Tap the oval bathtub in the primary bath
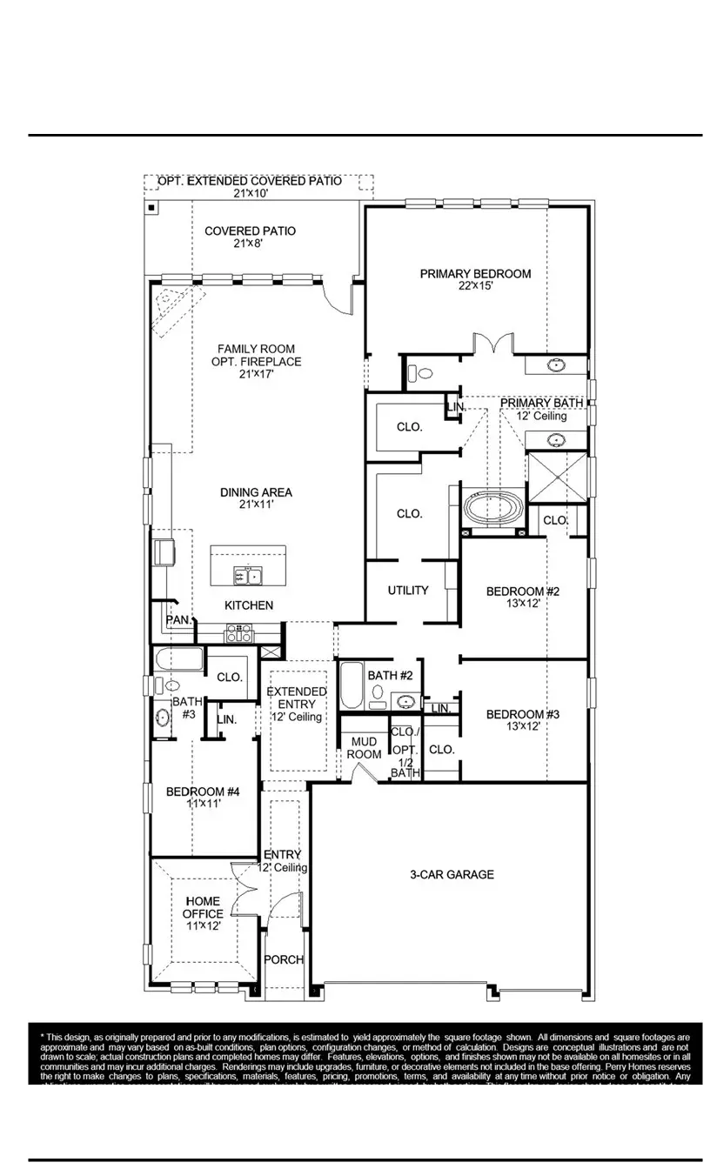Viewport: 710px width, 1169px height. click(492, 508)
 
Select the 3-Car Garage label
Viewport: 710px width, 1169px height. click(452, 874)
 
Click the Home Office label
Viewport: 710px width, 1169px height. click(202, 907)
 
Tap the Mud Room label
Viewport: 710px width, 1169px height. click(364, 748)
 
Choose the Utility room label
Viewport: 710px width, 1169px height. click(407, 591)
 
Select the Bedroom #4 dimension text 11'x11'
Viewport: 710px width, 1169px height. click(202, 805)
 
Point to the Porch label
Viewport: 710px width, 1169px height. click(284, 959)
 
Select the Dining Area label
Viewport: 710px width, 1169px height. click(256, 492)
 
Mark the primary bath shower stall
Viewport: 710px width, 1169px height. click(557, 478)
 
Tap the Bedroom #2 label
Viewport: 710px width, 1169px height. click(522, 591)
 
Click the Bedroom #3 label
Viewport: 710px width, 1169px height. click(522, 715)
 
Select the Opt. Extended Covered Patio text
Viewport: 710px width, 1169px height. click(249, 181)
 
